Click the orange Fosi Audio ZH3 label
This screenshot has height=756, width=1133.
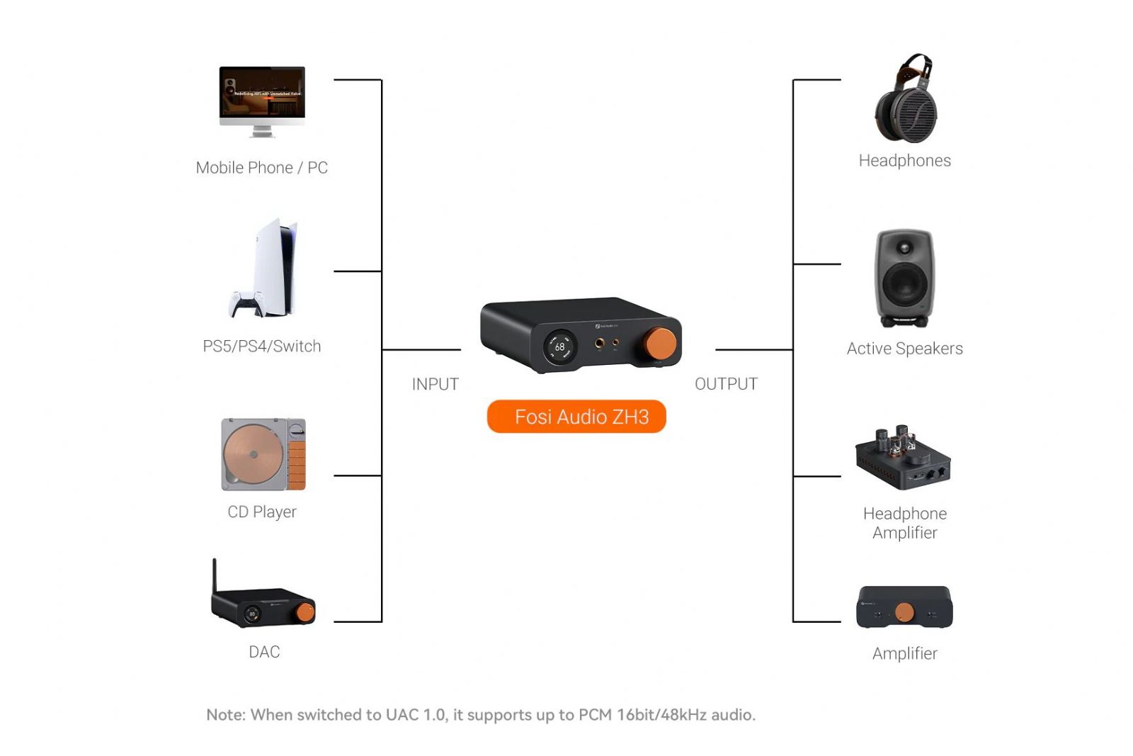[576, 417]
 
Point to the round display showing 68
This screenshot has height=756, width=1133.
[559, 347]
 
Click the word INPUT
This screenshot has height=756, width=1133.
[435, 384]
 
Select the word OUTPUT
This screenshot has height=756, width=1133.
[726, 384]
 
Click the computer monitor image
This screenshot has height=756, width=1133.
[262, 96]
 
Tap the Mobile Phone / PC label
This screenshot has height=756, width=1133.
[262, 168]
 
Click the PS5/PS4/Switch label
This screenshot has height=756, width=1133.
[262, 346]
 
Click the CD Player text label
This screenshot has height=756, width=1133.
[262, 512]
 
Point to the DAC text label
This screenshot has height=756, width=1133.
[264, 652]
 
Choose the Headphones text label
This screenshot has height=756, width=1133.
[904, 161]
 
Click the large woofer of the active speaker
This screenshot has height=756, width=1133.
[904, 283]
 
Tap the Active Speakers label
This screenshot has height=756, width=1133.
[904, 349]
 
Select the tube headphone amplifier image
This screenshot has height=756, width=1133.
[903, 458]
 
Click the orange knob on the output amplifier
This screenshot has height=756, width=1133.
[904, 612]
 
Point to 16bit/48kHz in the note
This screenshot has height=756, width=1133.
[661, 715]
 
